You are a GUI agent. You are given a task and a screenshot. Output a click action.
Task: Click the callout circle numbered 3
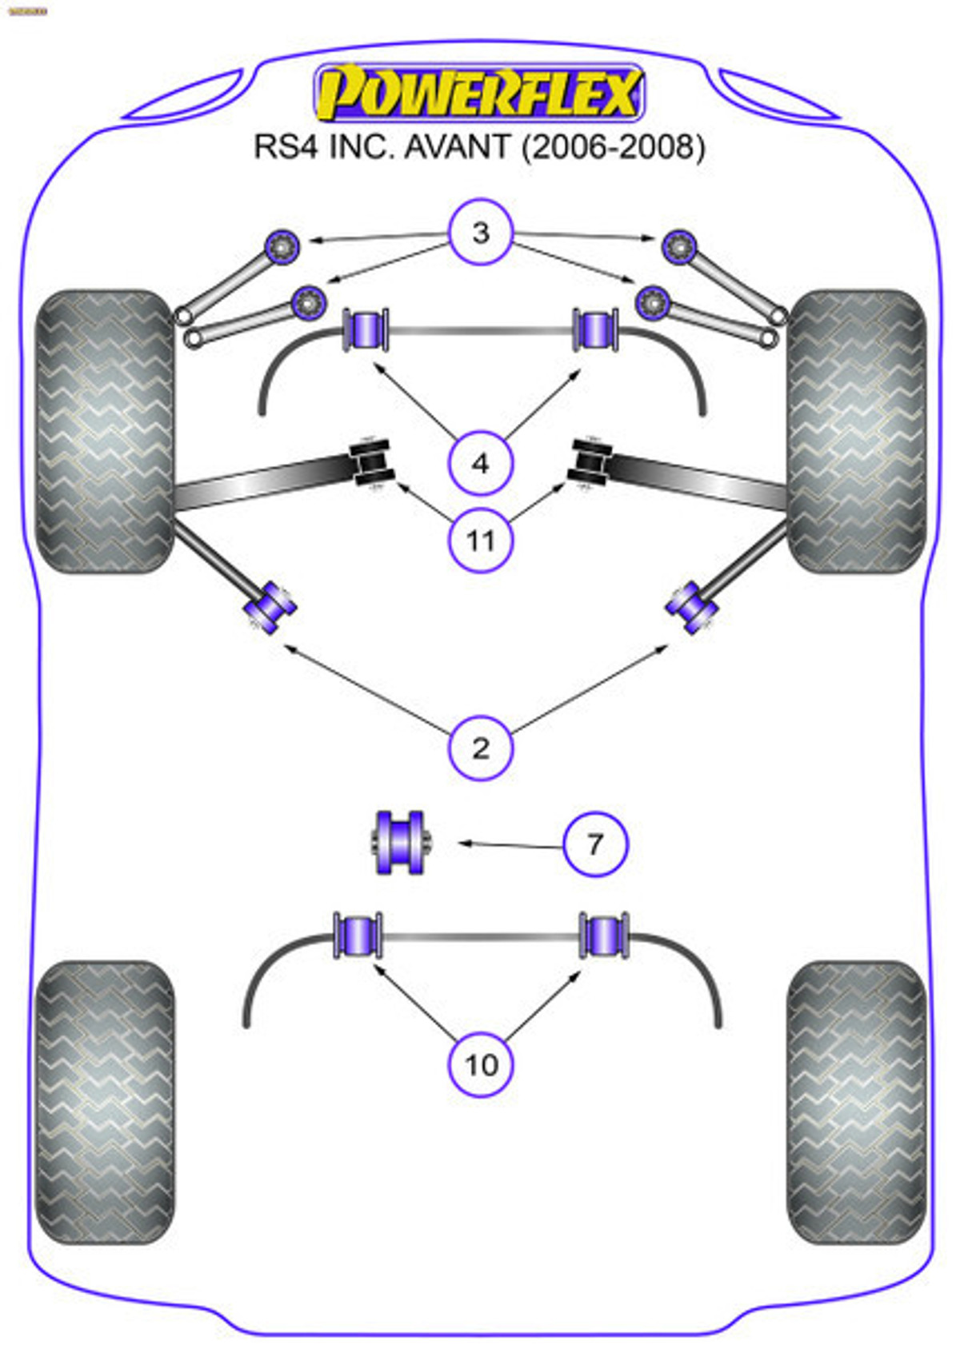click(480, 233)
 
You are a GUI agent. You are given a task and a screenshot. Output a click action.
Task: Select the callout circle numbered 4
click(480, 463)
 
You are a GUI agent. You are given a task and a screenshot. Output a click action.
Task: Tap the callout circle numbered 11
click(480, 541)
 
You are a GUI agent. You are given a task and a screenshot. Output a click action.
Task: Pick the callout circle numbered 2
click(480, 748)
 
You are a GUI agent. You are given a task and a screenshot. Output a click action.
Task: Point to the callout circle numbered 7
click(595, 844)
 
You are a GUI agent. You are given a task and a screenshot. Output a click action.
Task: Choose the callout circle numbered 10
click(481, 1065)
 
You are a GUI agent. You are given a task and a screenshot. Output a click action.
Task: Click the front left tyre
click(105, 432)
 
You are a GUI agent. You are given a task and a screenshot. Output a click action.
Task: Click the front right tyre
click(856, 432)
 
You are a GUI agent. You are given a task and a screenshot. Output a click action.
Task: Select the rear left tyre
click(105, 1103)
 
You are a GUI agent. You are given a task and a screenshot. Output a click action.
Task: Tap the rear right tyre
click(856, 1103)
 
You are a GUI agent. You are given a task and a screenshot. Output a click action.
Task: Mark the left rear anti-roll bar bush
click(358, 935)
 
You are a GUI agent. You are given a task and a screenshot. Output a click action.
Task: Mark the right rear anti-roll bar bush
click(604, 935)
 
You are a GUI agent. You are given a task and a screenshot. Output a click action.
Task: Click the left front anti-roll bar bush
click(366, 329)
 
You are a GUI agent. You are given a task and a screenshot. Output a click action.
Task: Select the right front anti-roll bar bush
click(596, 329)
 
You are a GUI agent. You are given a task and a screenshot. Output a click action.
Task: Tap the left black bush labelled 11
click(372, 463)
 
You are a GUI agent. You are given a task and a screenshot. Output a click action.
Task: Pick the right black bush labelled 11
click(590, 463)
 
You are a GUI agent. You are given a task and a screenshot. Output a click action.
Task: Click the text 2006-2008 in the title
click(614, 147)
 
